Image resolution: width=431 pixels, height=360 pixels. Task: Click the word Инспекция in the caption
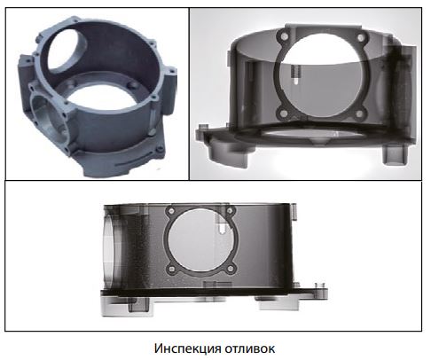(182, 346)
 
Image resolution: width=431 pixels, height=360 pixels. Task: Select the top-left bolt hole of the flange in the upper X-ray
(283, 37)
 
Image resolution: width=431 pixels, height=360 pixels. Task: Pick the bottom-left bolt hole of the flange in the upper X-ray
(281, 113)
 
